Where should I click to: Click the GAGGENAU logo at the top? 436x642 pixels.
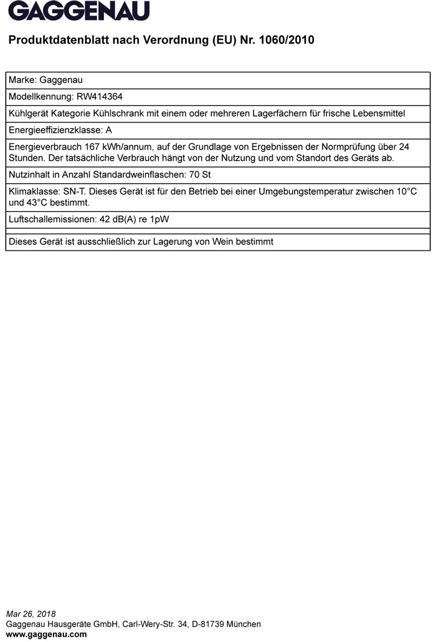(x=79, y=11)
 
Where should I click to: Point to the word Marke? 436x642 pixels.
(x=21, y=80)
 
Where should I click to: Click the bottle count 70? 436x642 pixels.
(x=192, y=175)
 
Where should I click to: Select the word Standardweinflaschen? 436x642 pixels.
(x=130, y=175)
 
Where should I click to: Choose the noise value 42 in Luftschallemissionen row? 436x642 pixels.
(x=104, y=219)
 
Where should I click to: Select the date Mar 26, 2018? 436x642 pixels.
(x=31, y=614)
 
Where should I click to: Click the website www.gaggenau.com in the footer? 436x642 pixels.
(x=46, y=635)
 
